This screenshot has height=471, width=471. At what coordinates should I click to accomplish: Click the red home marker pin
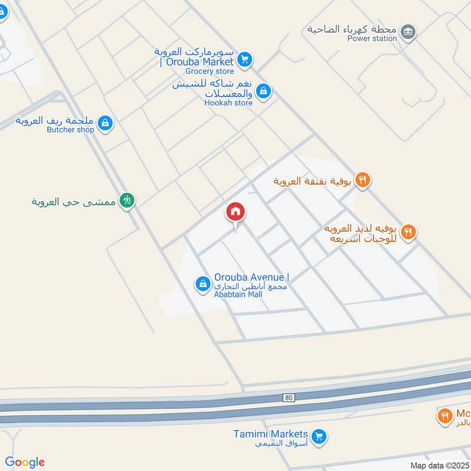[x=235, y=213]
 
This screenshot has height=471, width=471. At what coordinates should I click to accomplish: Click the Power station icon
[x=407, y=31]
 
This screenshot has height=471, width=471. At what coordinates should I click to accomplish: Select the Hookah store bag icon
[x=264, y=91]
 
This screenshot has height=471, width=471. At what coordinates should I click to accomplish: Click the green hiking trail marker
[x=127, y=201]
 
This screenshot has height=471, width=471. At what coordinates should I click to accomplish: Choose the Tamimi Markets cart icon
[x=319, y=437]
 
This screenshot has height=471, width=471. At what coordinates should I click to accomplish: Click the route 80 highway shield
[x=288, y=398]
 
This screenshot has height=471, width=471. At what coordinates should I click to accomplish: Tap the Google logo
[x=25, y=463]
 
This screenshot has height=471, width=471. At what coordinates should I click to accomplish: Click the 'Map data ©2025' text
[x=440, y=466]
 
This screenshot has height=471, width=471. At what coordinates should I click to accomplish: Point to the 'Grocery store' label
[x=210, y=72]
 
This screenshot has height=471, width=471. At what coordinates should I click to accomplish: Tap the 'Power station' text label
[x=372, y=39]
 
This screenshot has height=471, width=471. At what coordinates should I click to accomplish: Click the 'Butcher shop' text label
[x=71, y=130]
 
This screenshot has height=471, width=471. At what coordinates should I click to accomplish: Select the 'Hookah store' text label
[x=228, y=103]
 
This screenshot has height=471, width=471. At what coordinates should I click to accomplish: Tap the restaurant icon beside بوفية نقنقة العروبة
[x=363, y=180]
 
